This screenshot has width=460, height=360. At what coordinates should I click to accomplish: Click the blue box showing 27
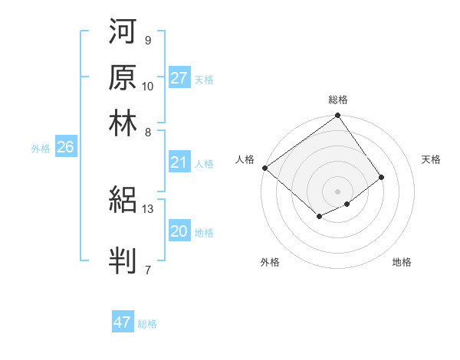tap(179, 78)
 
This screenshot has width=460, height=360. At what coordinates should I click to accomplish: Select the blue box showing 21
tap(179, 162)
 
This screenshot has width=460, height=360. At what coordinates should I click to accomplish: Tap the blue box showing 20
tap(179, 232)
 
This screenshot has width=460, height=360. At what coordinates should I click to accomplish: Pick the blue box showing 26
tap(65, 148)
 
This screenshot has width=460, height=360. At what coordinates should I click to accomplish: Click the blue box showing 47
tap(123, 322)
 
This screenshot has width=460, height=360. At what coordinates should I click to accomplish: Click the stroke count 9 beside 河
tap(148, 40)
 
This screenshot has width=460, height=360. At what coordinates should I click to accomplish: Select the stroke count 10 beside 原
tap(148, 86)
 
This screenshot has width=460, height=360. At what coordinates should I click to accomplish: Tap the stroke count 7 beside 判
tap(148, 270)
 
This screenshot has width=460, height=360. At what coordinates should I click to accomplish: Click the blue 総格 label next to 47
tap(147, 324)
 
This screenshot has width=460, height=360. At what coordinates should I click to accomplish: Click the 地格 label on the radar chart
tap(402, 262)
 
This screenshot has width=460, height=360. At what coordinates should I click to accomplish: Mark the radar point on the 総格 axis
tap(337, 117)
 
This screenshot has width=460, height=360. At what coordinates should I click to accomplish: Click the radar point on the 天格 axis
tap(381, 177)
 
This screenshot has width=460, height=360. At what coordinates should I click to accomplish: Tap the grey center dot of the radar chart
tap(337, 191)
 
